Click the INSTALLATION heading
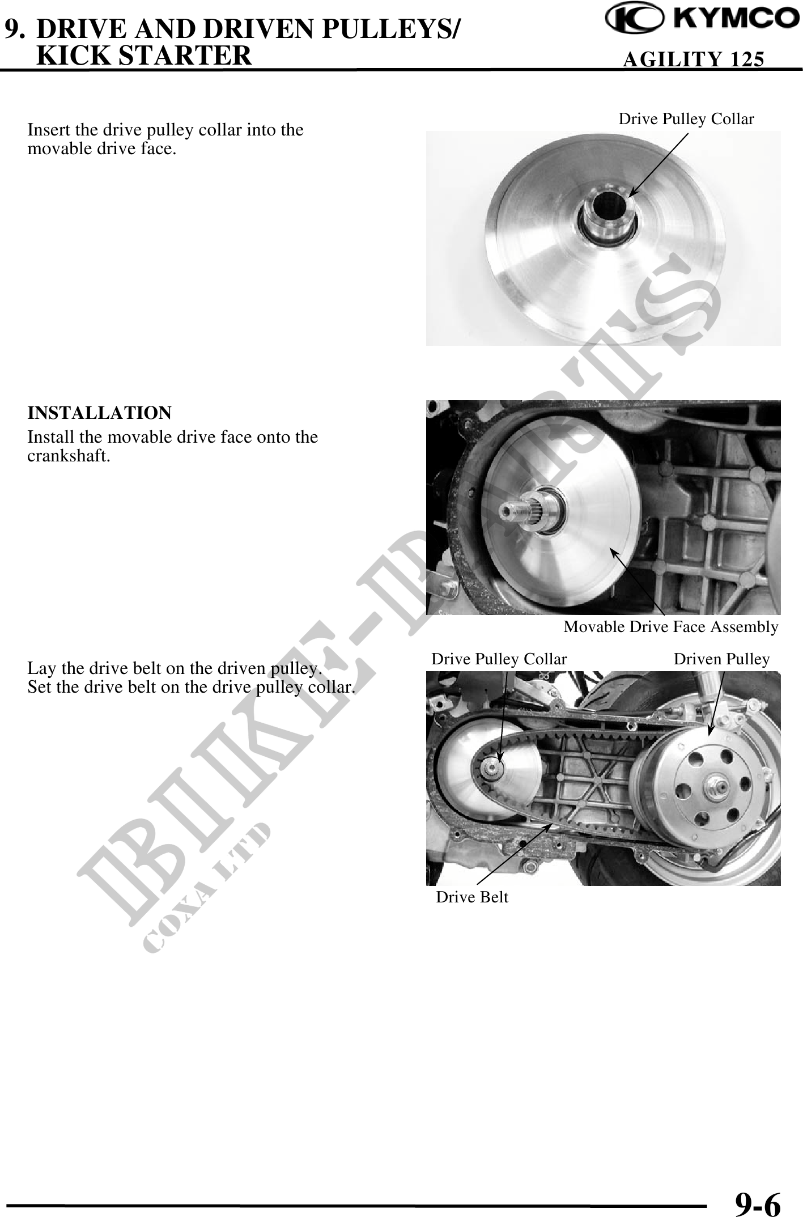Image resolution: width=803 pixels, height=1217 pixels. coord(99,413)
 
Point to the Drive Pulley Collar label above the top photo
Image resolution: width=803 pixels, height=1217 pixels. coord(686,119)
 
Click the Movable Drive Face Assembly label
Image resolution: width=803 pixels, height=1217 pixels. coord(671,626)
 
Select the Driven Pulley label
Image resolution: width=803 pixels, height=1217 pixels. coord(721,659)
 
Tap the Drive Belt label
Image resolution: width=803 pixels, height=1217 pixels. coord(472,897)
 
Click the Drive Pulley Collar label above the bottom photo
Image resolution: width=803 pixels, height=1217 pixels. coord(499,659)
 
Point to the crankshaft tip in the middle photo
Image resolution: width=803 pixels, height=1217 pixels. coord(505,511)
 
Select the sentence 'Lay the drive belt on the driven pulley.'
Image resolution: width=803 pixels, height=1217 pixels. coord(175,669)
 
